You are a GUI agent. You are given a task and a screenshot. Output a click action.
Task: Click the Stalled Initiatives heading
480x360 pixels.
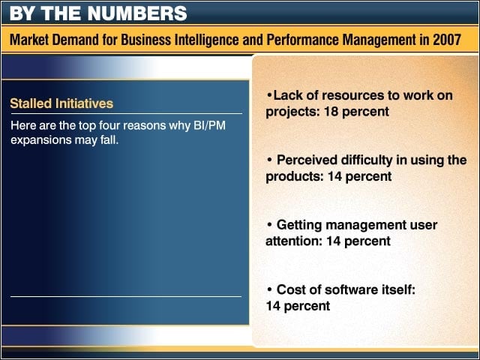[61, 103]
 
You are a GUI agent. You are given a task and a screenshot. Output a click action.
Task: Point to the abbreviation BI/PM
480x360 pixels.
[210, 125]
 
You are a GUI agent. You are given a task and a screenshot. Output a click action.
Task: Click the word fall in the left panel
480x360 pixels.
[109, 140]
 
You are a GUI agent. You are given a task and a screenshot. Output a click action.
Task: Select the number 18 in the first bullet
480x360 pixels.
[331, 112]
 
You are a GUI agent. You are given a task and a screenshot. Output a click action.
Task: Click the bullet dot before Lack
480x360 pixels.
[269, 95]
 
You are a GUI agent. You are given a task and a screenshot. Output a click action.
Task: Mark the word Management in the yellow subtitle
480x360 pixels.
[378, 40]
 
